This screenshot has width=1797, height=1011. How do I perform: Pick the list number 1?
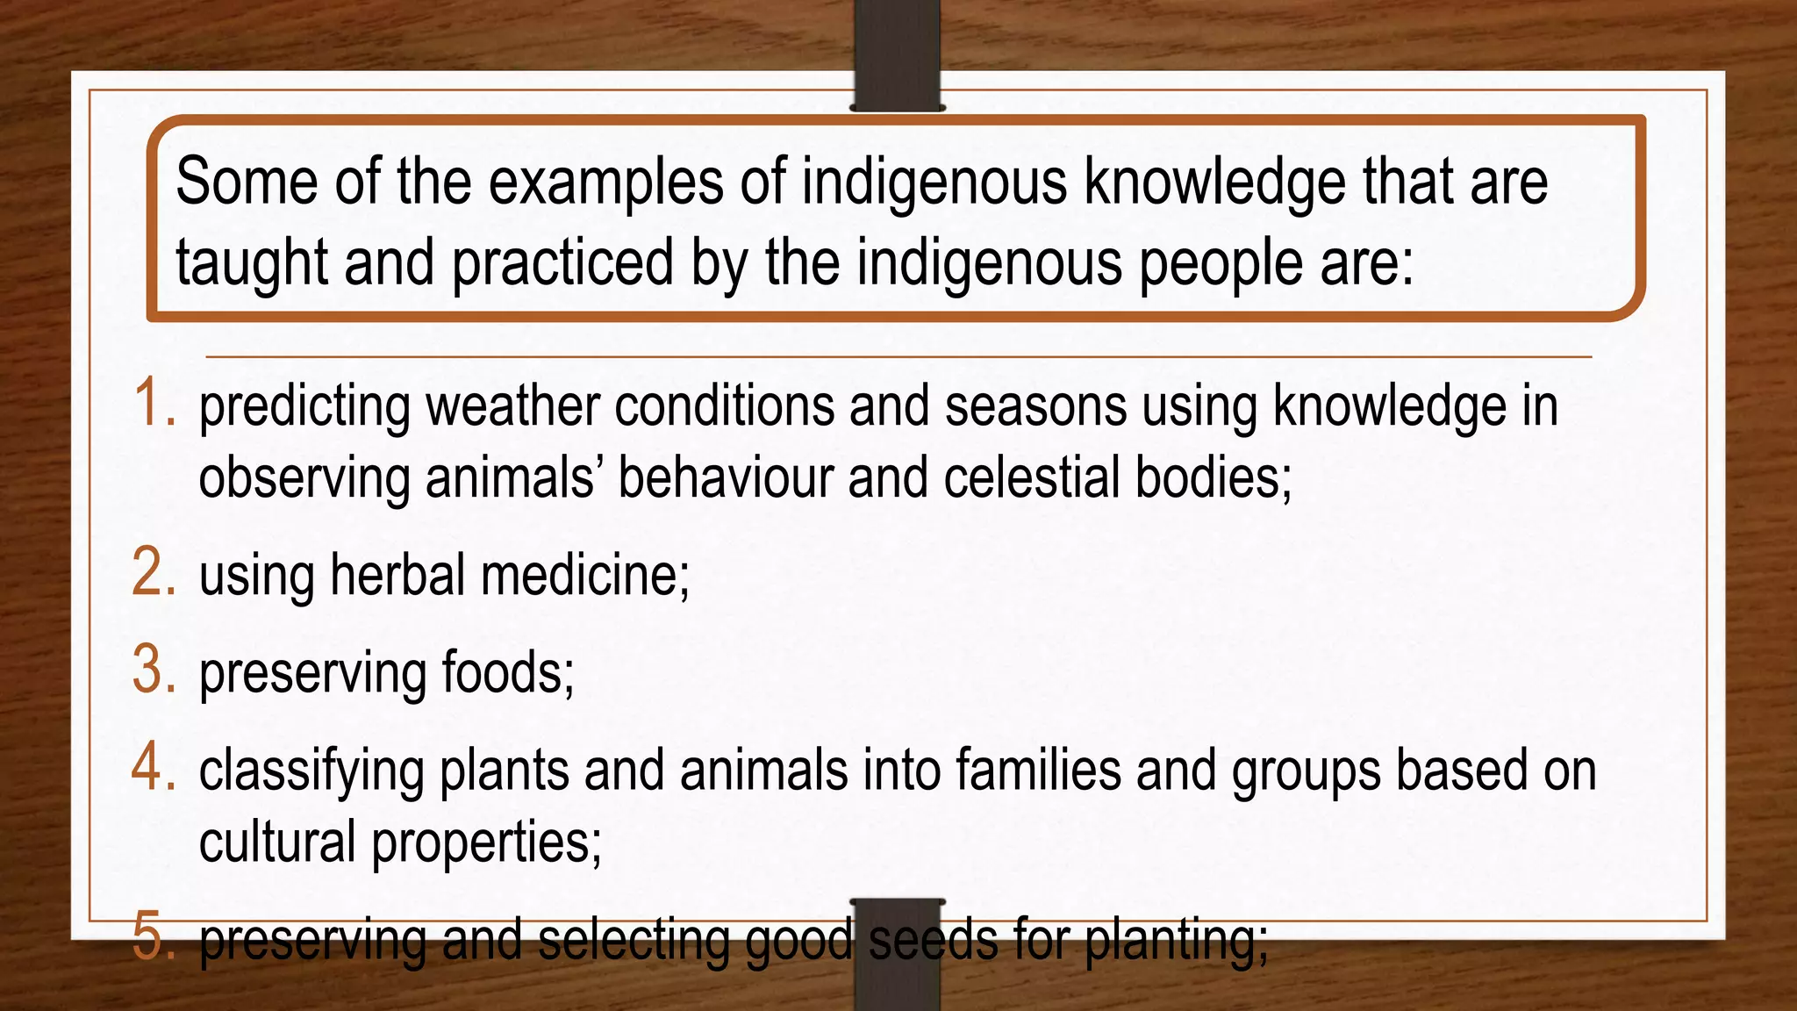pyautogui.click(x=154, y=405)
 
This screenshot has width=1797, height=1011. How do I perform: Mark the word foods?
pyautogui.click(x=507, y=673)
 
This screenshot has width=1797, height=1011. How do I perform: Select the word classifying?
pyautogui.click(x=311, y=771)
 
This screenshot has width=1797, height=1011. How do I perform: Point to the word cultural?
pyautogui.click(x=276, y=842)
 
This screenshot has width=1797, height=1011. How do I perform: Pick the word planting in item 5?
pyautogui.click(x=1176, y=941)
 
